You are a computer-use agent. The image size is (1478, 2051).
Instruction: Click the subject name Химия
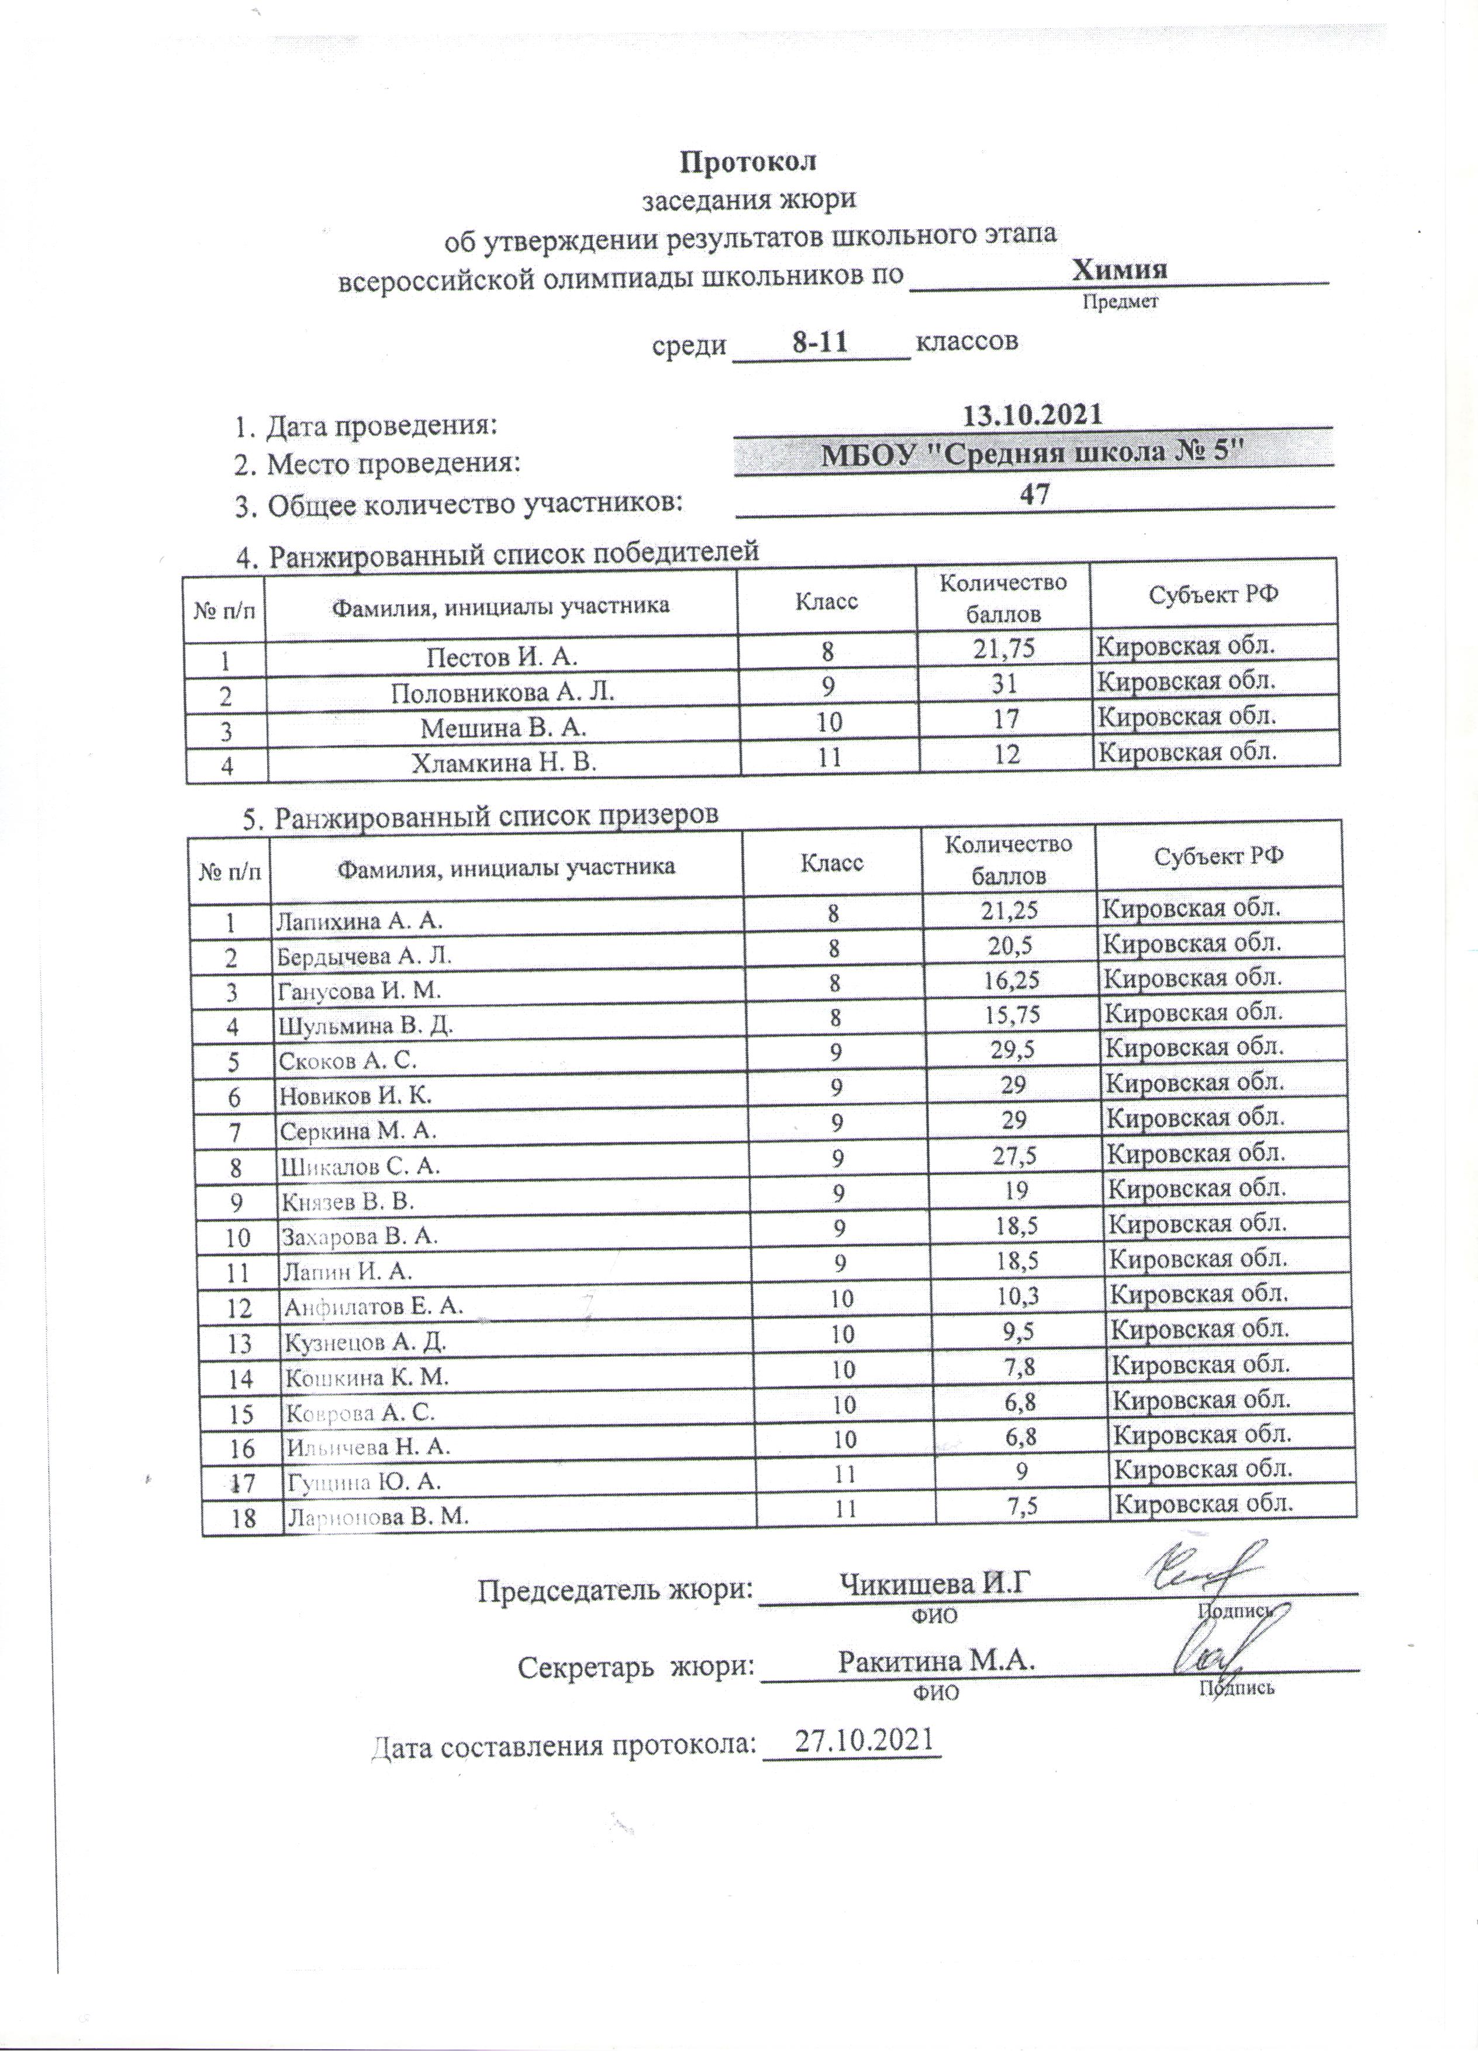[x=1118, y=270]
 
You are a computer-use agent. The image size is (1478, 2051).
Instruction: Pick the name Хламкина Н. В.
[x=505, y=763]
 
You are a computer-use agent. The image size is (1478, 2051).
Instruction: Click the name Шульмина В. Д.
[x=364, y=1026]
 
